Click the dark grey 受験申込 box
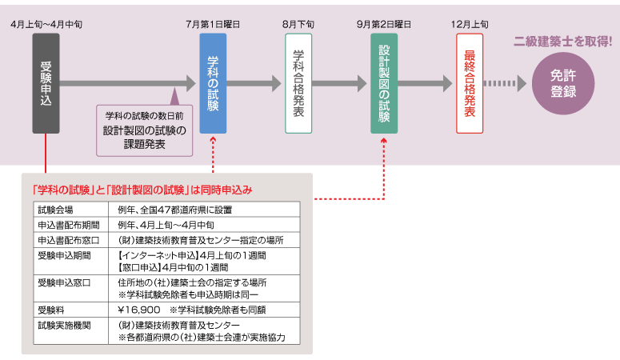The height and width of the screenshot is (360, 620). [x=46, y=83]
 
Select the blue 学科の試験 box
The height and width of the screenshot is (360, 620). [x=213, y=83]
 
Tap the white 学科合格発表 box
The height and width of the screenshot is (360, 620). [x=298, y=83]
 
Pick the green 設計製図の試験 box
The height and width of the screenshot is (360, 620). [x=384, y=83]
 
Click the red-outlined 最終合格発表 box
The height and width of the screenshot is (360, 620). [x=470, y=83]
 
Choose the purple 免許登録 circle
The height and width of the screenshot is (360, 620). [x=563, y=83]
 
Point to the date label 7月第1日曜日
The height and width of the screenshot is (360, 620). [x=213, y=25]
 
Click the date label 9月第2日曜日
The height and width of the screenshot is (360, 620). [x=384, y=25]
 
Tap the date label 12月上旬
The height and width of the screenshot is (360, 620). [x=470, y=25]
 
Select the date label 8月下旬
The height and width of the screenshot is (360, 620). [x=298, y=25]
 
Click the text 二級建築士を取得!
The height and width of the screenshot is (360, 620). [x=562, y=41]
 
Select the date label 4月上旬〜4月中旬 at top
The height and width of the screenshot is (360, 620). [x=46, y=25]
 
